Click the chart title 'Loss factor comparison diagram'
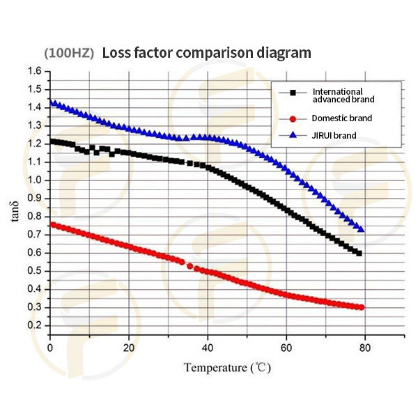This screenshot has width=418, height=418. click(206, 53)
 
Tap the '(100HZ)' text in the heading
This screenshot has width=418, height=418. click(69, 53)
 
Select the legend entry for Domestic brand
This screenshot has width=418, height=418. click(341, 118)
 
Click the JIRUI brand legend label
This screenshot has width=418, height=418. click(334, 135)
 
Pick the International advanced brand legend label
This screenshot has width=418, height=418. click(337, 95)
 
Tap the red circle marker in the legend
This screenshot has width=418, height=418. click(293, 118)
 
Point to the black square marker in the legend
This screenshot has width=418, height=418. click(293, 92)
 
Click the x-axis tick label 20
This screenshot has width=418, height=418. click(128, 347)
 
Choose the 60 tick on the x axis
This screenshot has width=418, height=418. click(286, 347)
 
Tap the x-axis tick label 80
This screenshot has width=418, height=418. click(364, 347)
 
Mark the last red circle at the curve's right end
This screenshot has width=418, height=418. click(362, 307)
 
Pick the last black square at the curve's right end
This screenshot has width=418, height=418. click(359, 253)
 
